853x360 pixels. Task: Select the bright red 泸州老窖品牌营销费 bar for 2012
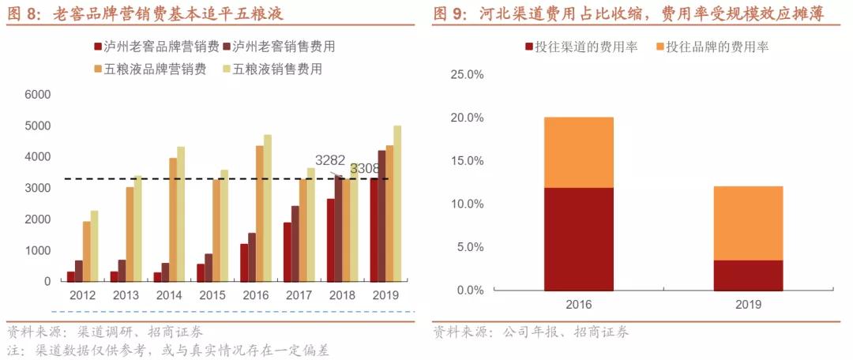pos(70,276)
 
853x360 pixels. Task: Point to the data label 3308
pos(365,169)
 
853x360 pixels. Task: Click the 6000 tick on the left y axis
pos(37,95)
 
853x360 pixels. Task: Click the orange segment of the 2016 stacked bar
pos(578,152)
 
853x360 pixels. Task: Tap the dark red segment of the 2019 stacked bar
pos(748,275)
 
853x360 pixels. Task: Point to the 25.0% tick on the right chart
pos(466,75)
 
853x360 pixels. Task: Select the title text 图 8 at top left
pos(24,13)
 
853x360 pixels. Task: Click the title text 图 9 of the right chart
pos(453,13)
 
